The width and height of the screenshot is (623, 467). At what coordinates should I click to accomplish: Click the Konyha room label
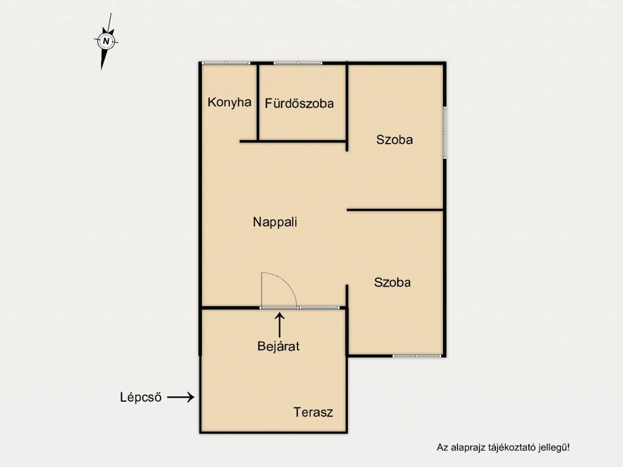pyautogui.click(x=229, y=103)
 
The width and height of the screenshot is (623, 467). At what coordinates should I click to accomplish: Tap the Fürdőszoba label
pyautogui.click(x=299, y=104)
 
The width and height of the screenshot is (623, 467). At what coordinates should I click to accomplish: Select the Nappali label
pyautogui.click(x=275, y=222)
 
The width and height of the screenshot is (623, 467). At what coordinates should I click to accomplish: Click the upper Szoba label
pyautogui.click(x=394, y=139)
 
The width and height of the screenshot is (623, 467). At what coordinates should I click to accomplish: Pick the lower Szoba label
pyautogui.click(x=392, y=283)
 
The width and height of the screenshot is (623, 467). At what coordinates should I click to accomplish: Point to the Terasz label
pyautogui.click(x=313, y=412)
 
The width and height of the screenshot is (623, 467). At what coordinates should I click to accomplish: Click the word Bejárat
pyautogui.click(x=279, y=346)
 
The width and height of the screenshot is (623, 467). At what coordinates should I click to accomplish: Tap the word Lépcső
pyautogui.click(x=141, y=397)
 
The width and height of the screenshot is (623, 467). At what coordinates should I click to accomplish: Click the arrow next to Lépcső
pyautogui.click(x=181, y=397)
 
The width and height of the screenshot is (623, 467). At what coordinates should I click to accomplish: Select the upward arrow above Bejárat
pyautogui.click(x=280, y=325)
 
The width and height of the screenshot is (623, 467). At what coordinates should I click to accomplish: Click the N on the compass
pyautogui.click(x=106, y=41)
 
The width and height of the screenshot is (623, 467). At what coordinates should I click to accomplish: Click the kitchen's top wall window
pyautogui.click(x=226, y=63)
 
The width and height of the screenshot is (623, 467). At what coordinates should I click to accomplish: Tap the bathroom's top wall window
pyautogui.click(x=298, y=63)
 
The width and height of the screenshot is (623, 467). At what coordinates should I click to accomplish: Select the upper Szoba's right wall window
pyautogui.click(x=445, y=133)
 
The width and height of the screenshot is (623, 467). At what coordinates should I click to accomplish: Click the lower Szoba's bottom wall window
pyautogui.click(x=417, y=356)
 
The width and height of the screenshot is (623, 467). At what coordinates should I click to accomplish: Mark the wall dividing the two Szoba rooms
pyautogui.click(x=395, y=209)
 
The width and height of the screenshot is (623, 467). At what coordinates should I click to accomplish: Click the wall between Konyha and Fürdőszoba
pyautogui.click(x=258, y=102)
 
